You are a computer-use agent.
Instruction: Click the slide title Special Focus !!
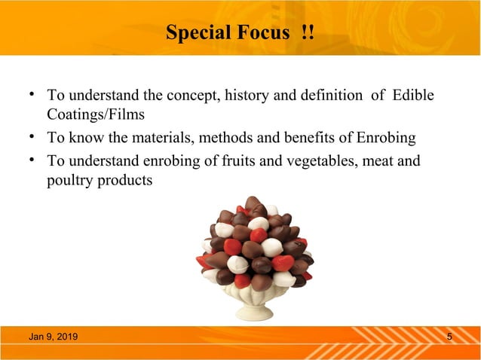(x=240, y=33)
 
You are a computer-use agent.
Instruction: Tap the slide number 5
(x=449, y=336)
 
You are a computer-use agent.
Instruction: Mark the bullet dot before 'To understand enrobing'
(x=32, y=160)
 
